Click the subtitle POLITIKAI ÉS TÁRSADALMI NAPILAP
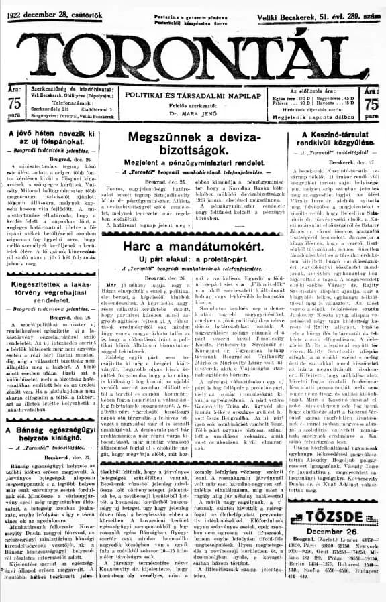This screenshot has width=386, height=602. point(193,97)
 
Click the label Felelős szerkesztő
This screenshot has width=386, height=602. point(193,107)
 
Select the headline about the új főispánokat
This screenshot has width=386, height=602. point(48,139)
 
